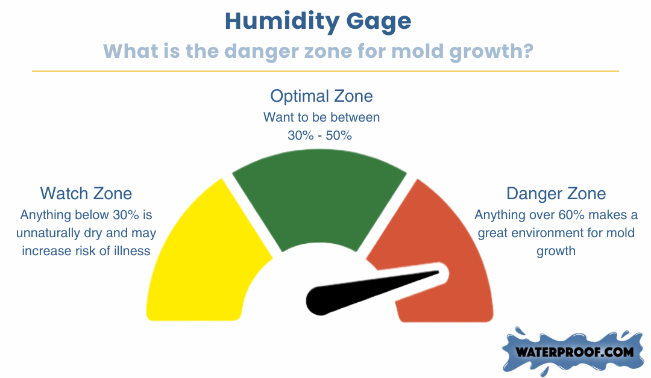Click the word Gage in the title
pos(379,22)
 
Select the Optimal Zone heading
pos(321,96)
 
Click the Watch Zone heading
pos(86,194)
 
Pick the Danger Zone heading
pos(556,194)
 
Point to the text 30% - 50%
pos(319,135)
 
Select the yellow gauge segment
pos(204,257)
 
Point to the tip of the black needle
pos(439,272)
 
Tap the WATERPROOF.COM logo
pos(574,352)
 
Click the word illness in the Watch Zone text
pos(132,251)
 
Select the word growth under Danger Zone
pos(556,252)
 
